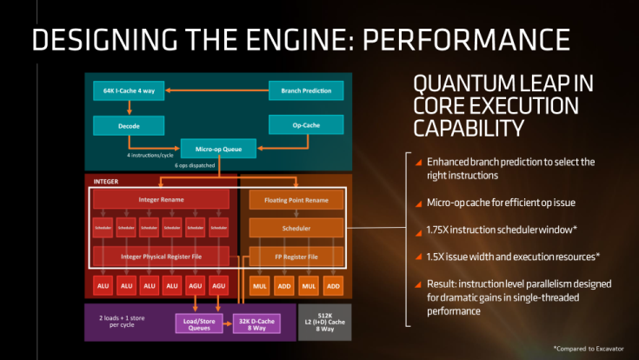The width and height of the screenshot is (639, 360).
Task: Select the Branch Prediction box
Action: [x=306, y=90]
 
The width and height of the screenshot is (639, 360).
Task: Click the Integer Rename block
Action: [x=161, y=200]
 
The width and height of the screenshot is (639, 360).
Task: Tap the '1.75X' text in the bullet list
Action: [x=436, y=230]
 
